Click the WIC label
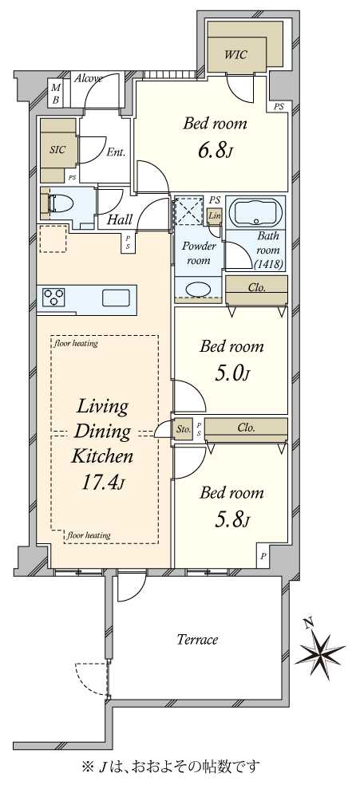[235, 54]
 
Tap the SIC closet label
[58, 150]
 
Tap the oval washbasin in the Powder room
[199, 290]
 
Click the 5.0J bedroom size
[231, 373]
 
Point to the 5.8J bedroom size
[231, 520]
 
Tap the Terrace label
[198, 639]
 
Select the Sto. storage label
[184, 429]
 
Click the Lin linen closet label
[214, 215]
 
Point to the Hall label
[121, 219]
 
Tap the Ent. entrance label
[116, 153]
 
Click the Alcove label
[89, 78]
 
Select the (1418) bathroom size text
[269, 264]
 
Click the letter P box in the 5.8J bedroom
[263, 556]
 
